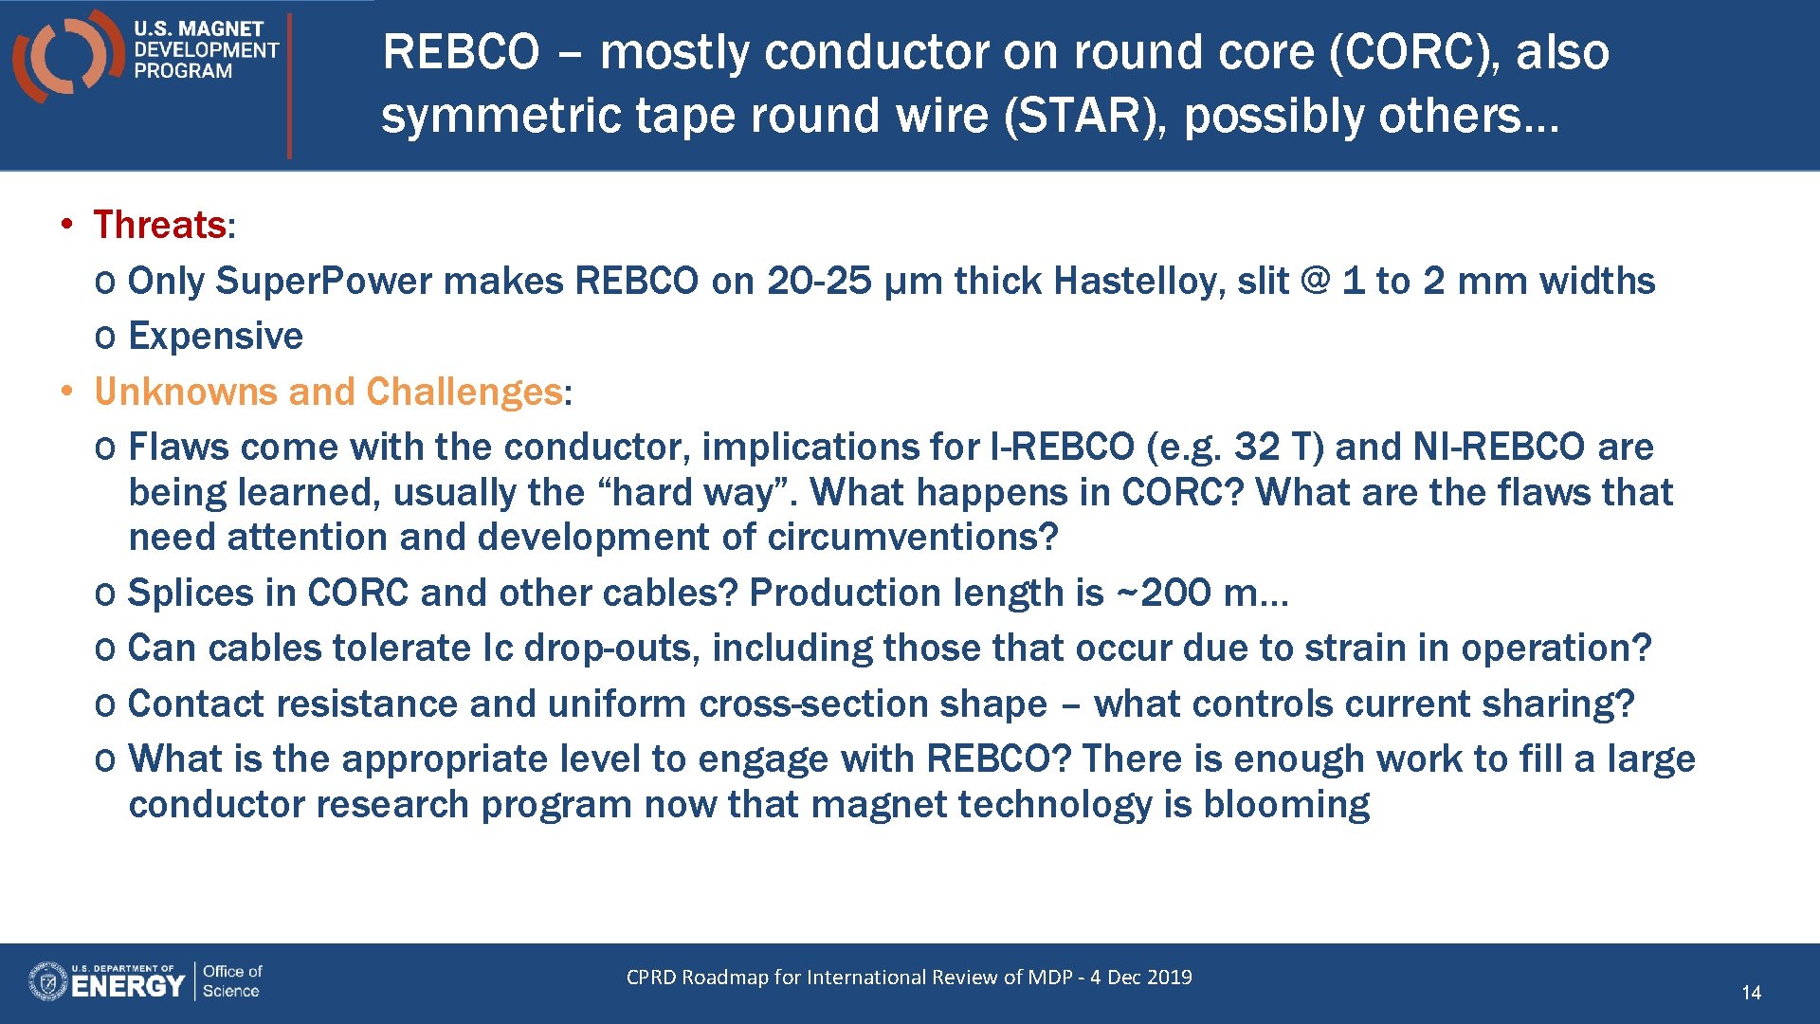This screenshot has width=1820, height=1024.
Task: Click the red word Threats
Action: click(159, 226)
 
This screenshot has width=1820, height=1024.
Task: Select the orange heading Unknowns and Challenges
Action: click(328, 392)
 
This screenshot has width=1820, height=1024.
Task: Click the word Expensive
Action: click(215, 337)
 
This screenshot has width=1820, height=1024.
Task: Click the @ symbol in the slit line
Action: click(1315, 282)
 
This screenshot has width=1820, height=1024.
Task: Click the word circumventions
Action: click(911, 538)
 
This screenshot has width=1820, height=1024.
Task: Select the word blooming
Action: click(1285, 805)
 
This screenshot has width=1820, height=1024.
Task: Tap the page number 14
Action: click(1751, 993)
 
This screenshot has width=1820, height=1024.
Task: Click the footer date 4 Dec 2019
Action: click(1140, 978)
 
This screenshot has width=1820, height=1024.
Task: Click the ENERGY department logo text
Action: click(127, 986)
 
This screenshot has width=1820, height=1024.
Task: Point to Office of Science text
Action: click(232, 981)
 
